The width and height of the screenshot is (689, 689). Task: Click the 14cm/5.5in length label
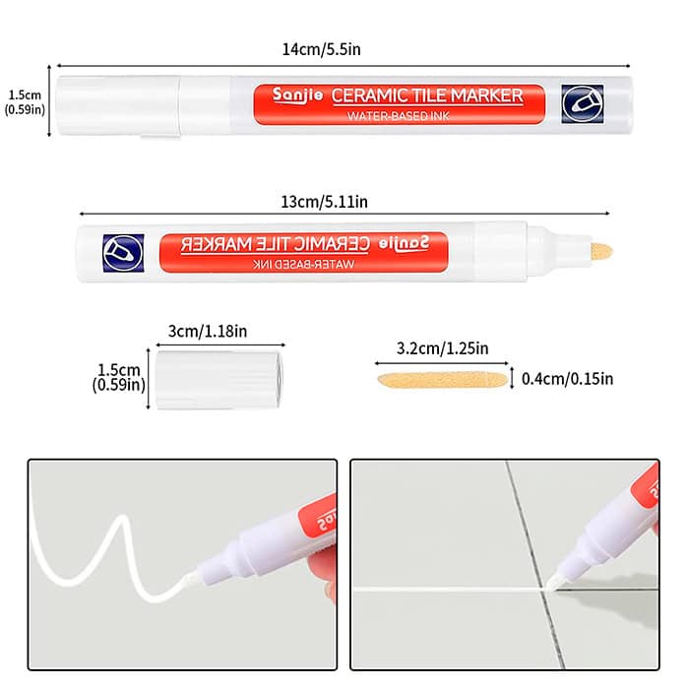(x=321, y=49)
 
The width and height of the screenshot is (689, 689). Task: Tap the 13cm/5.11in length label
(x=324, y=202)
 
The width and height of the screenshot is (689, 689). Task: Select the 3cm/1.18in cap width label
(x=208, y=331)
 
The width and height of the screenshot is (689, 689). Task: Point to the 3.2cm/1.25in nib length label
(x=443, y=348)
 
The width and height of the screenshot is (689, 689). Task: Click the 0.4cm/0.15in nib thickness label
(x=567, y=379)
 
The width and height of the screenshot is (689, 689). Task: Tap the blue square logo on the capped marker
(x=583, y=103)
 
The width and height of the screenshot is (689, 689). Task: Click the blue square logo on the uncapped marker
(x=123, y=253)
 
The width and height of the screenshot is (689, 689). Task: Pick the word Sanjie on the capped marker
(x=297, y=95)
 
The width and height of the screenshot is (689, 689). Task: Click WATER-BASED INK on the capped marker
(x=399, y=116)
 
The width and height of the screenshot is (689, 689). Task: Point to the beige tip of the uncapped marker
(x=601, y=252)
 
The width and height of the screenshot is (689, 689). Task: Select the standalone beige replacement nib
(x=443, y=380)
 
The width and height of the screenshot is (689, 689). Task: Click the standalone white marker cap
(x=219, y=380)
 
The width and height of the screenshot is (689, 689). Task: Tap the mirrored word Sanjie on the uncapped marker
(x=404, y=243)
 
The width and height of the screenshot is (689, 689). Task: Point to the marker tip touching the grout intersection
(x=551, y=584)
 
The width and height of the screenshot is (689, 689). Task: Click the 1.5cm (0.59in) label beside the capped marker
(x=25, y=102)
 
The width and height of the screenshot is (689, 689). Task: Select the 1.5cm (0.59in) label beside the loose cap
(x=119, y=377)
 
